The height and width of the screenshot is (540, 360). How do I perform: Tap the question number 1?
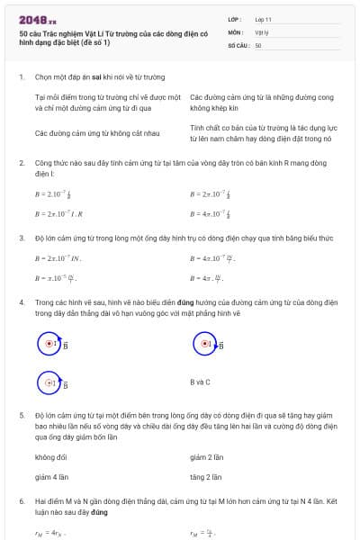[x=22, y=77]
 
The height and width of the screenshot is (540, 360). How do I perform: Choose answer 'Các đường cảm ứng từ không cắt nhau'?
[x=97, y=133]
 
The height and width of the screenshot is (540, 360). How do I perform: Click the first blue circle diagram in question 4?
[x=49, y=344]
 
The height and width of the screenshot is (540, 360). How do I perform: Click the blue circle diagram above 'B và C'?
[x=205, y=344]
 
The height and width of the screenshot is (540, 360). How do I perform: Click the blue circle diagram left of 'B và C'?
[x=49, y=382]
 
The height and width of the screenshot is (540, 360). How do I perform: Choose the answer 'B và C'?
[x=200, y=382]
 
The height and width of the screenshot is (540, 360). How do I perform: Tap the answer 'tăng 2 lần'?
[x=206, y=476]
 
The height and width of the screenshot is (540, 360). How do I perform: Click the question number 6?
[x=22, y=499]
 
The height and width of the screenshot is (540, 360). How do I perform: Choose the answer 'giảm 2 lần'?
[x=207, y=457]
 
